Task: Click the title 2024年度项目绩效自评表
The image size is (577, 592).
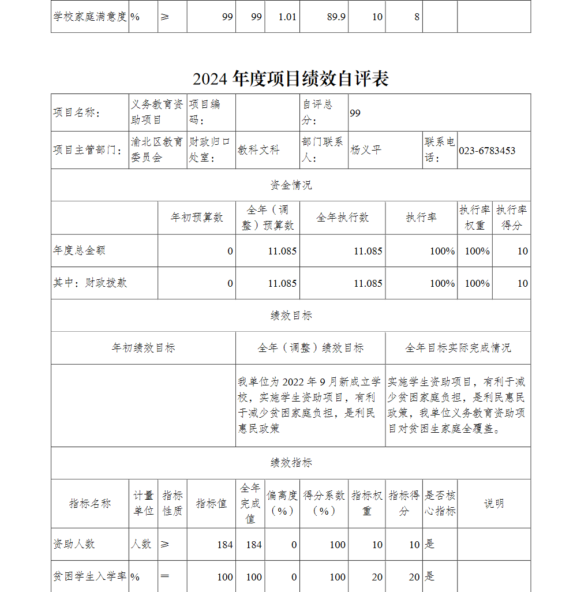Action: point(290,79)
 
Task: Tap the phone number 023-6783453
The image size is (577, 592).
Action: point(487,151)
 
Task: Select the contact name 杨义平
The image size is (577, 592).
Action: point(366,151)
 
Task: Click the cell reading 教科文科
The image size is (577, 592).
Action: point(259,151)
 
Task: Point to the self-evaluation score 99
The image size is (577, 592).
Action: point(355,113)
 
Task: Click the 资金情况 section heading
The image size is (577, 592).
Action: point(291,185)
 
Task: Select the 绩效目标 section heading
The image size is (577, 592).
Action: point(291,316)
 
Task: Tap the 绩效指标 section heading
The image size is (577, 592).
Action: point(291,463)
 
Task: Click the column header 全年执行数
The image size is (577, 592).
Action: point(342,218)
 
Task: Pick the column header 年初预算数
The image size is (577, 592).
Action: point(197,218)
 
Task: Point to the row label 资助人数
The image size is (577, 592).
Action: point(74,544)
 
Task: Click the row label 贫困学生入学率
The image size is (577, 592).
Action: point(89,576)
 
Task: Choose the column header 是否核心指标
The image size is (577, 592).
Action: point(440,503)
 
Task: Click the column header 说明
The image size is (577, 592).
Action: point(494,503)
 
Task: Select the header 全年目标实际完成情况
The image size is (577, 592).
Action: point(458,348)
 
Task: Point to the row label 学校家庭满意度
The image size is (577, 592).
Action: point(89,17)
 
